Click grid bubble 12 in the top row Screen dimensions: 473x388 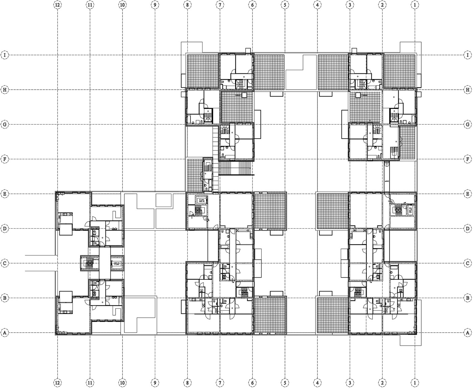[x=58, y=5]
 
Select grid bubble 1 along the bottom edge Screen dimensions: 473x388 [x=415, y=383]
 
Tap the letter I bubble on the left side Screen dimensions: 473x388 [x=5, y=55]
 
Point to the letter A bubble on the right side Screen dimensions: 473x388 [x=468, y=333]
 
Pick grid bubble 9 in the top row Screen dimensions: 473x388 [x=155, y=5]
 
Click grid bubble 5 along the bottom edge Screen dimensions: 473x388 [x=285, y=383]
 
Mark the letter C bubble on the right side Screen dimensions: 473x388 [x=468, y=263]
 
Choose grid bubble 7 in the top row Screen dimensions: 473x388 [x=220, y=5]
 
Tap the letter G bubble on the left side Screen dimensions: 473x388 [x=5, y=124]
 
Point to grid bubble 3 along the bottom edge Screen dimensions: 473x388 [x=350, y=383]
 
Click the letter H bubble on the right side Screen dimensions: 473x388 [x=468, y=90]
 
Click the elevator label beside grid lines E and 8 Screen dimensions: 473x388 [x=201, y=201]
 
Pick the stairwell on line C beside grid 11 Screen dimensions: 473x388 [x=90, y=264]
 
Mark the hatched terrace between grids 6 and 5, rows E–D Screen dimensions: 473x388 [x=270, y=210]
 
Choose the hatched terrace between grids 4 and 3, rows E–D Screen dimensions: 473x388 [x=333, y=210]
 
